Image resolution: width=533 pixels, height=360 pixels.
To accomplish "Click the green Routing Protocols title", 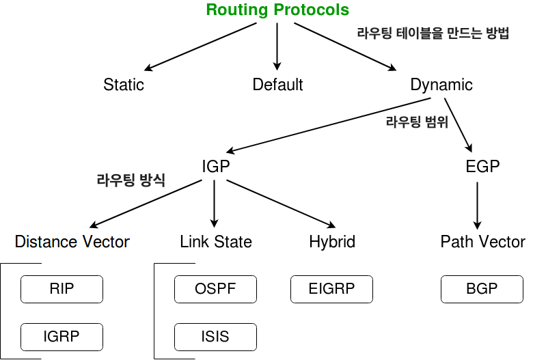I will (277, 10).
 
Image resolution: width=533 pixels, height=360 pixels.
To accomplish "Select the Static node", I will (124, 85).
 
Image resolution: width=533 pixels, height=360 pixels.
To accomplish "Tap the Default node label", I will (277, 85).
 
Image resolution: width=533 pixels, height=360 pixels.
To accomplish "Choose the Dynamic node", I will (441, 85).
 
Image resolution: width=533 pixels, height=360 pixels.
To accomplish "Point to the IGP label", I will (216, 167).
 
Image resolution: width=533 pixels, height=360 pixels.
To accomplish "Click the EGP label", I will (482, 167).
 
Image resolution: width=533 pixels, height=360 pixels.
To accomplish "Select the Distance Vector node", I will (72, 241).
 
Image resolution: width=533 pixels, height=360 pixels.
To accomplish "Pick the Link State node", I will (216, 241).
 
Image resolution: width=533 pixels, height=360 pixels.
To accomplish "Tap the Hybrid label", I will (332, 241).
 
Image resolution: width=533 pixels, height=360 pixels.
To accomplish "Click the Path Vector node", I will (482, 241).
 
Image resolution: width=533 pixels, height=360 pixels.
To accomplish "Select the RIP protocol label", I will (61, 289).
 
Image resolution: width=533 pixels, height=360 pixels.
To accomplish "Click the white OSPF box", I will (216, 289).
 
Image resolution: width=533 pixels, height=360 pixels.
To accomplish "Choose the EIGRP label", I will (332, 289).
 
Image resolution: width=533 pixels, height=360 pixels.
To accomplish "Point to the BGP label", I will (482, 289).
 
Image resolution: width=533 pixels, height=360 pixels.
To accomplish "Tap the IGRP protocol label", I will (61, 336).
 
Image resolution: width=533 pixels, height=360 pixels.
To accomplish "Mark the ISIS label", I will (215, 336).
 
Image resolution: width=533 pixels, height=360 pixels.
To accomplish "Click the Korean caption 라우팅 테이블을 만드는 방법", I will (433, 34).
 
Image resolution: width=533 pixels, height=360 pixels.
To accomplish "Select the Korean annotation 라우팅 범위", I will (417, 123).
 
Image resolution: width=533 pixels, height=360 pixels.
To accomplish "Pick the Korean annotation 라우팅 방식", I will (131, 181).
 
